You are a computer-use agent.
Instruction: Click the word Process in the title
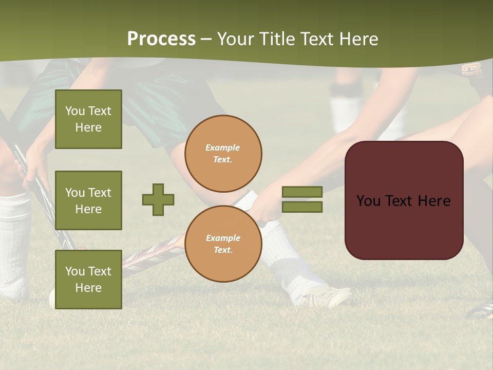click(161, 39)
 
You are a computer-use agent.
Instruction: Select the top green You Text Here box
click(88, 119)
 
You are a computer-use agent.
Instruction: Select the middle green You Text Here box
click(88, 200)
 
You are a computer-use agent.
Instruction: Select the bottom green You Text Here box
click(88, 280)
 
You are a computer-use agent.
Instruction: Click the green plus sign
click(158, 199)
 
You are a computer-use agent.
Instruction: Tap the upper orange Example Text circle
click(223, 154)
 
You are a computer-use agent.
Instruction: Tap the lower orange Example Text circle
click(223, 244)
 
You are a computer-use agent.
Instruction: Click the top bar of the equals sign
click(302, 192)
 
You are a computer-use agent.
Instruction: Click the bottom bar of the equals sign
click(302, 207)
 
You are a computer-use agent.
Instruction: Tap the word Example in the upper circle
click(222, 147)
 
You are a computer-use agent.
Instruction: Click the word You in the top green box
click(75, 111)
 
